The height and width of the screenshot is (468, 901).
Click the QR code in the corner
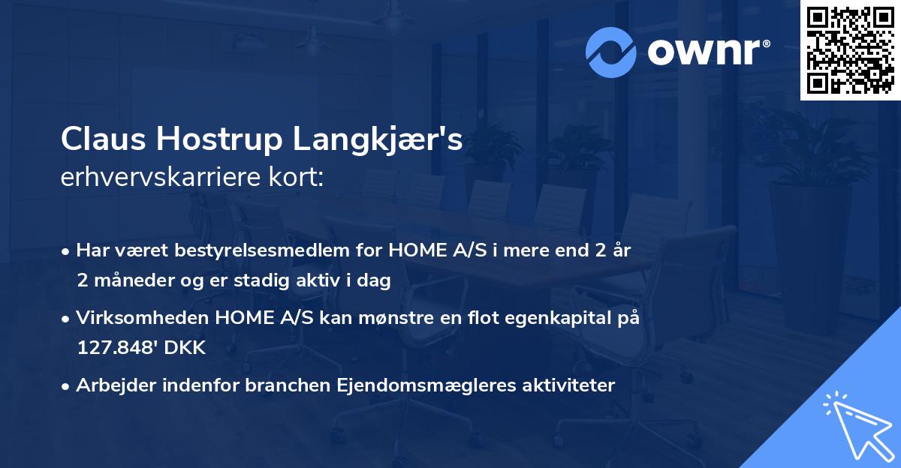pyautogui.click(x=851, y=49)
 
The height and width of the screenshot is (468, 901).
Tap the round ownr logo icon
pyautogui.click(x=610, y=52)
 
